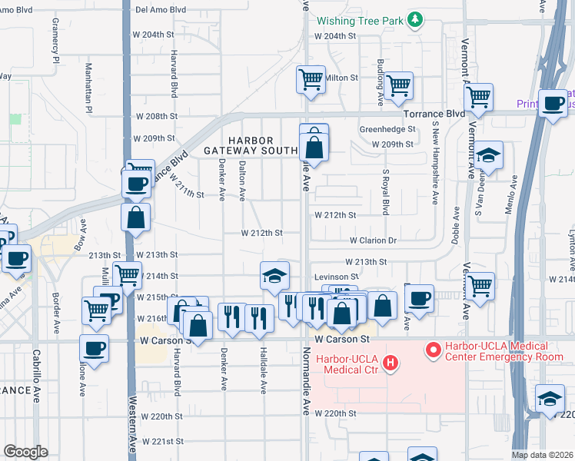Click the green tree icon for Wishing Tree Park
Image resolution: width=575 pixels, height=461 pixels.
(x=415, y=19)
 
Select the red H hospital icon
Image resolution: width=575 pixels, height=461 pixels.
(x=390, y=363)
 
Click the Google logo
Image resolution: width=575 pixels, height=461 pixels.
(x=25, y=451)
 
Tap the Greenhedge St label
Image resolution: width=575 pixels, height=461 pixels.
(x=387, y=130)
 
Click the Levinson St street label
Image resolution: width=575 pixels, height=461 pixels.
(x=336, y=277)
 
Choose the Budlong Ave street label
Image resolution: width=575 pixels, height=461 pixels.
(x=380, y=81)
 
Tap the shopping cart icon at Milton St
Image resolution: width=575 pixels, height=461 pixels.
(x=311, y=78)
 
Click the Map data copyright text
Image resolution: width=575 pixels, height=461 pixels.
(x=542, y=455)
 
